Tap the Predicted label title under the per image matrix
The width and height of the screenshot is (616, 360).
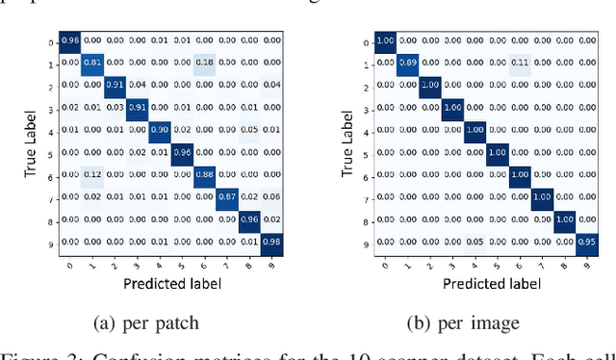tap(487, 283)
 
